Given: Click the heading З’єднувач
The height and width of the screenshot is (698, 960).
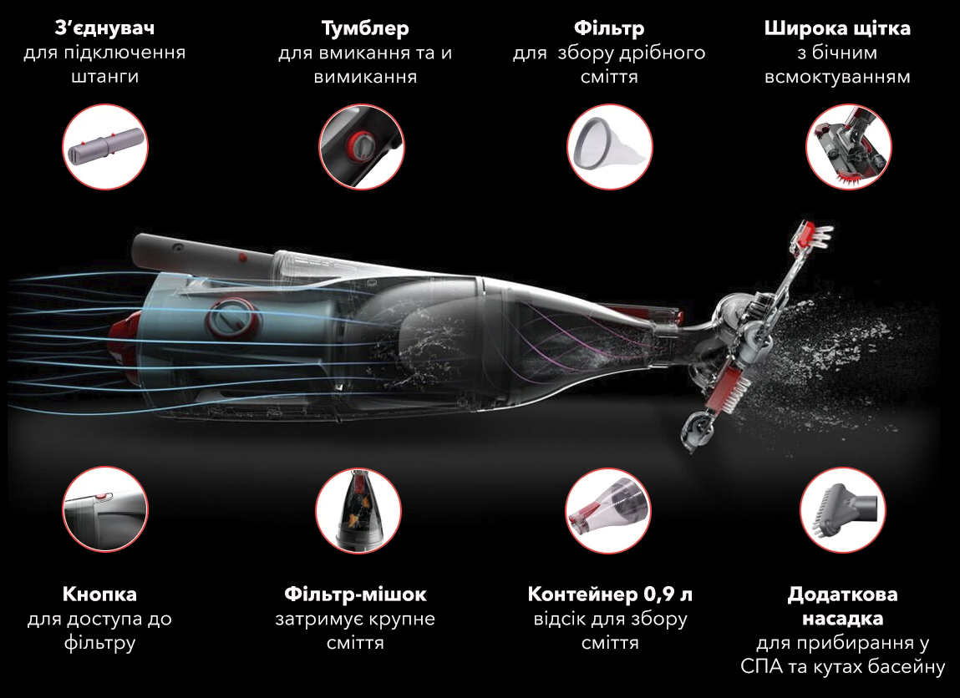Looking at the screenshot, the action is (104, 28).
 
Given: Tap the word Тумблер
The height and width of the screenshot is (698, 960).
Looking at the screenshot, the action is (365, 28).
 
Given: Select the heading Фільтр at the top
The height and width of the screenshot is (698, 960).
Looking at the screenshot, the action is (609, 28).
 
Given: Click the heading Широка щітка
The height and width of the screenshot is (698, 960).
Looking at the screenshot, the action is (837, 28).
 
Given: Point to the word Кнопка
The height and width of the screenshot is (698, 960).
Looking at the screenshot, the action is (99, 594).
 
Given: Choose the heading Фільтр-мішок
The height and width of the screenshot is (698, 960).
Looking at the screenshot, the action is (355, 594).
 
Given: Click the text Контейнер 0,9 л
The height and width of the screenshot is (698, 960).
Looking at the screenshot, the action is (610, 594).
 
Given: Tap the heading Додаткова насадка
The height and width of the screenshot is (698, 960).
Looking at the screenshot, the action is (842, 606).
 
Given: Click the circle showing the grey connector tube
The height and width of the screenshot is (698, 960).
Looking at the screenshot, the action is (105, 147).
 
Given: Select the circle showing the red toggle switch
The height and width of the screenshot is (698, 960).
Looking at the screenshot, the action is (361, 147).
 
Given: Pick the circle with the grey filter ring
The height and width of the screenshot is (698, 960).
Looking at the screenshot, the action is (610, 147).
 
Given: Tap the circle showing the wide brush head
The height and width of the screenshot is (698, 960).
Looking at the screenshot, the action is (849, 147).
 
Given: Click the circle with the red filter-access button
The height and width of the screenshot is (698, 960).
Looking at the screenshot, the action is (105, 509).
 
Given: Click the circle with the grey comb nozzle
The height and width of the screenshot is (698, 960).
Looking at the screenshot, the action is (843, 510).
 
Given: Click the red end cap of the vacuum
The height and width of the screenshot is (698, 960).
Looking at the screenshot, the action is (123, 342).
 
